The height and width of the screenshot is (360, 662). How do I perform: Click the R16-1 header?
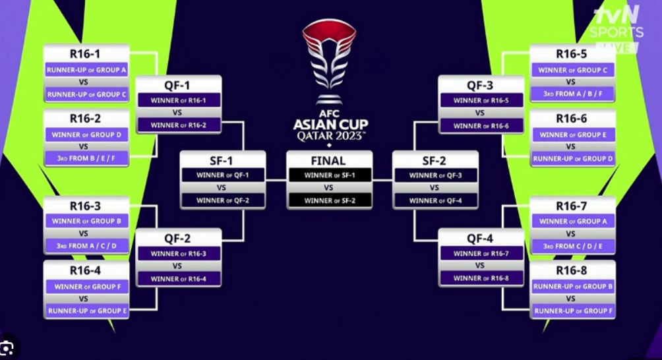pos(86,54)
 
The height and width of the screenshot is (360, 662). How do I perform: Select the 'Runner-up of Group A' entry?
pos(86,70)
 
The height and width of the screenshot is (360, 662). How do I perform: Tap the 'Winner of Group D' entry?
pos(86,135)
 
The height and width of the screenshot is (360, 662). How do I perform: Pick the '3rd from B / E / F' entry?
pos(86,159)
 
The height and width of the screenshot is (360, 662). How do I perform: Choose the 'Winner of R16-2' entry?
pos(178,125)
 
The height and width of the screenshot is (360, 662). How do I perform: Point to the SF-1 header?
pos(222,160)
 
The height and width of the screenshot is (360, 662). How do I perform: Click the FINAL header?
pos(329,160)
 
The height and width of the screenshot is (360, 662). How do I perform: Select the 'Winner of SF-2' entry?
pos(330,200)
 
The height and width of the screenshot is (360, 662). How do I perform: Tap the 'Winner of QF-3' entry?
pos(435,175)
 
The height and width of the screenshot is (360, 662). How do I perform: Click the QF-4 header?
pos(481,239)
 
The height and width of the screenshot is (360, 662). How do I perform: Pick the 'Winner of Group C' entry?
pos(572,70)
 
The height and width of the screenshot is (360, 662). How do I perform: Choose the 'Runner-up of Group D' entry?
pos(572,159)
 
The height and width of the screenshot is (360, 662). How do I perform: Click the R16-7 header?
pos(572,206)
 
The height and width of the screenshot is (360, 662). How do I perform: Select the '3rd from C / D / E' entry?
pos(572,246)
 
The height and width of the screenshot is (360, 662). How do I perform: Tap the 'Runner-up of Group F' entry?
pos(572,311)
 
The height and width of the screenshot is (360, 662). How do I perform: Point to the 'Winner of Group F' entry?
pos(86,286)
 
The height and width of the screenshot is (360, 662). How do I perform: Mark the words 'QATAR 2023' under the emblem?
pos(330,135)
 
